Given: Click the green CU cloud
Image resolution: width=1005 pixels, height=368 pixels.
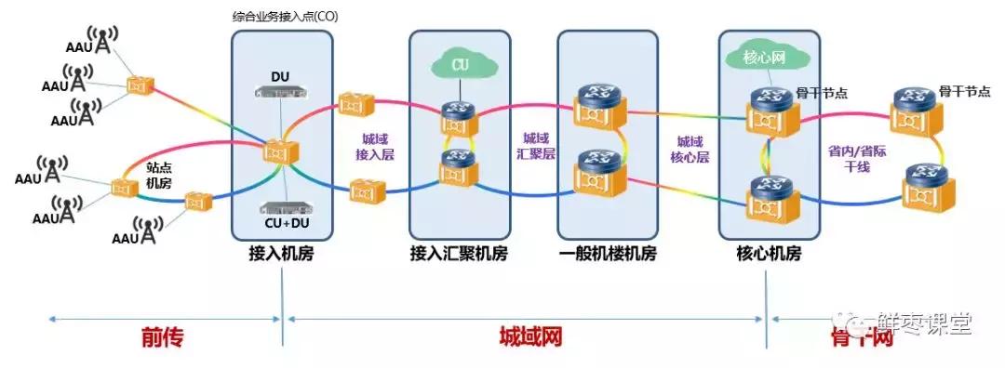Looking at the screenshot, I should [459, 65].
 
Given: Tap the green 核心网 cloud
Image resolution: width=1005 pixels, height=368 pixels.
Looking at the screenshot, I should [764, 57].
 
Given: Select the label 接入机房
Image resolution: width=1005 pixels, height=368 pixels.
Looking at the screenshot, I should [280, 253].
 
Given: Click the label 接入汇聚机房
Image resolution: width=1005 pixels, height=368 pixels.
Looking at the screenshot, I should [459, 253].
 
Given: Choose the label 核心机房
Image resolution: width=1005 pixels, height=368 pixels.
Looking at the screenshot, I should [768, 253].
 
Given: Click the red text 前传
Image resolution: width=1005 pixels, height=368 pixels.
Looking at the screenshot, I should [162, 337].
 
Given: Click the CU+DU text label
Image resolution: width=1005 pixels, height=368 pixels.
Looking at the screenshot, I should [280, 224].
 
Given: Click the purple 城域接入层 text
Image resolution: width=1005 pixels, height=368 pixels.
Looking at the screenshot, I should [377, 146].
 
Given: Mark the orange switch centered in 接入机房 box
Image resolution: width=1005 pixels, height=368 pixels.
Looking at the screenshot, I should [279, 150].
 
